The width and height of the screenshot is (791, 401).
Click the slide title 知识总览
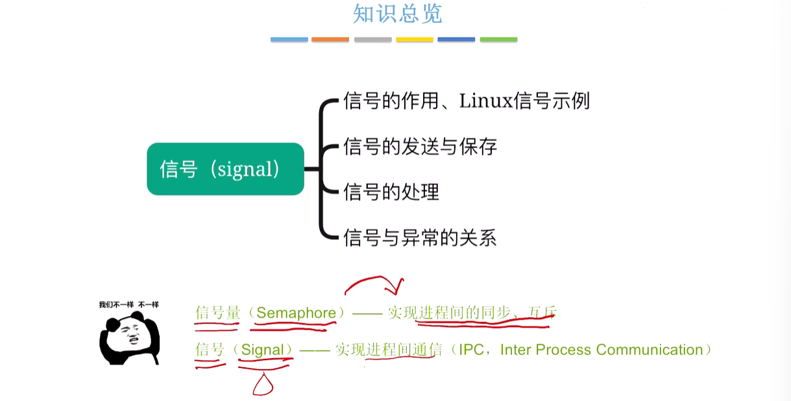tap(397, 14)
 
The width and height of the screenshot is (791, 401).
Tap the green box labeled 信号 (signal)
tap(225, 169)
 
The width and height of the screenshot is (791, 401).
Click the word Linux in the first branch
tap(485, 101)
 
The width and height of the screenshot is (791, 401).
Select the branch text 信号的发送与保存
tap(420, 147)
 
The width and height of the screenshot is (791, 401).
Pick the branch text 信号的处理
tap(391, 192)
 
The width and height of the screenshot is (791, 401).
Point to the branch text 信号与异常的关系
tap(420, 238)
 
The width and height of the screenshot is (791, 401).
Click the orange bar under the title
tap(330, 40)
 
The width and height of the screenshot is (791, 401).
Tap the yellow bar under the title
tap(415, 40)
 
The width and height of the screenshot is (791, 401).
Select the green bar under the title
tap(498, 40)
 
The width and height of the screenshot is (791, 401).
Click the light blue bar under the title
tap(289, 40)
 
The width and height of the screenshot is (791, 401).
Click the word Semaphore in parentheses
tap(296, 313)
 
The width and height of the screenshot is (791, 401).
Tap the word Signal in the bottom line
tap(262, 350)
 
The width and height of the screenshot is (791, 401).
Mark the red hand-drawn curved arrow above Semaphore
tap(375, 285)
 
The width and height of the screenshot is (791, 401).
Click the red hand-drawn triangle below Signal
tap(263, 384)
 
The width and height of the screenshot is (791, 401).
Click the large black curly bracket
tap(323, 170)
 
